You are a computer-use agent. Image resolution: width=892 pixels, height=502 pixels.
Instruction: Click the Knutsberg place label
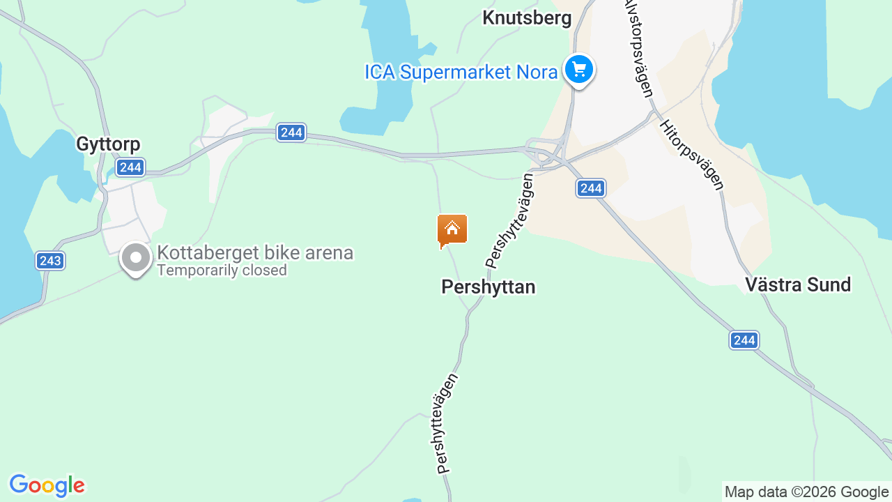point(527,18)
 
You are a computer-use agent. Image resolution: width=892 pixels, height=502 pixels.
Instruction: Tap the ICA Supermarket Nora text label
point(461,72)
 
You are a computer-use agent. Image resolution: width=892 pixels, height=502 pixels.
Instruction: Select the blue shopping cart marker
point(578,70)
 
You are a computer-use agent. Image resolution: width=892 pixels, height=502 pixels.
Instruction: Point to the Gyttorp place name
point(108,144)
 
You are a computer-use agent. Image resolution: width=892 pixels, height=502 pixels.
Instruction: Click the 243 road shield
point(50,261)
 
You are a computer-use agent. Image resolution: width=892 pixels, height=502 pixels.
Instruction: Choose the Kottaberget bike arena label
point(255,252)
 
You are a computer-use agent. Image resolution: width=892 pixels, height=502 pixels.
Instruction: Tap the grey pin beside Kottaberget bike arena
point(136,259)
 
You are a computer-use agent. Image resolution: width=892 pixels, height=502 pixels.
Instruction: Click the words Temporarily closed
point(222,271)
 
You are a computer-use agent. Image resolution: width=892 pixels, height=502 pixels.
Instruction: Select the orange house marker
point(452,230)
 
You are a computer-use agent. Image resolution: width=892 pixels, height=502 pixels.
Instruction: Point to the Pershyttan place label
point(489,287)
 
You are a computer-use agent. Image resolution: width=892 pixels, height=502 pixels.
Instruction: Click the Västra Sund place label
point(798,284)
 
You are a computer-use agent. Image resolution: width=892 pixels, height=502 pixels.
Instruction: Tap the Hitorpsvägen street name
point(692,154)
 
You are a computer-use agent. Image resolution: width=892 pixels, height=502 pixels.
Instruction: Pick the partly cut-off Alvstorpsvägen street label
point(640,49)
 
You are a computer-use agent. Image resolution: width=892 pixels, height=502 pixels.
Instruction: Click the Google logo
point(47,485)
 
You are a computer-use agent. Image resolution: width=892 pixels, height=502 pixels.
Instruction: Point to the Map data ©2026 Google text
point(806,492)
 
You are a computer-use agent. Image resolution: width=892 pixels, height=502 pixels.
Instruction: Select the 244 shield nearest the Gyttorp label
point(130,167)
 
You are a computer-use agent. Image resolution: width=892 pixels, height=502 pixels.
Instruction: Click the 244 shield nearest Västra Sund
point(744,340)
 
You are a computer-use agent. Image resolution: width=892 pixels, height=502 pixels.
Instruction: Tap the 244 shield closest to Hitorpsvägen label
point(591,188)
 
